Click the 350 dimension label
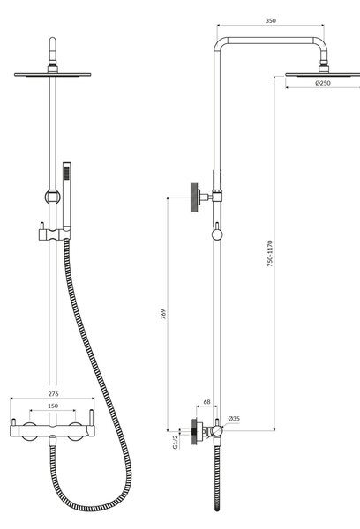[x=271, y=20]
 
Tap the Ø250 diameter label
[x=323, y=83]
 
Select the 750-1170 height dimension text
[x=270, y=253]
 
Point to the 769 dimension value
[x=163, y=314]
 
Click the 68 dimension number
[x=206, y=402]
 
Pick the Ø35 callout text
[x=234, y=419]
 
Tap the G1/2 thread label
[x=175, y=442]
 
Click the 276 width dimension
[x=53, y=393]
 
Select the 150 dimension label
[x=53, y=406]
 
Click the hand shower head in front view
[x=67, y=194]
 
